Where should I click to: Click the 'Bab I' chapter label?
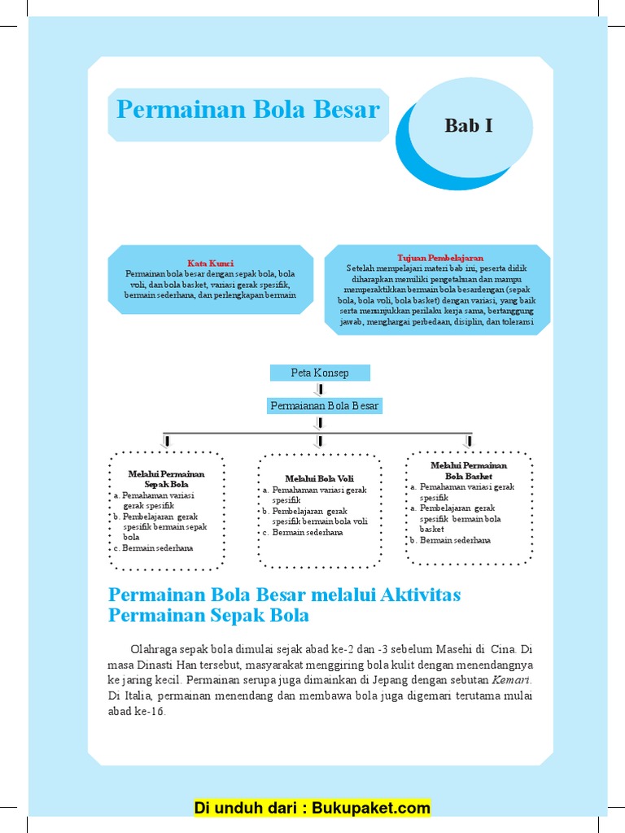pyautogui.click(x=469, y=125)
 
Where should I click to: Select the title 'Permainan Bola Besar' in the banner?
pyautogui.click(x=248, y=109)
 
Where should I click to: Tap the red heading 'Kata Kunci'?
pyautogui.click(x=211, y=264)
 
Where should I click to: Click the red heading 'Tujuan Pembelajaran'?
pyautogui.click(x=440, y=257)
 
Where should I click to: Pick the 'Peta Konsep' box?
pyautogui.click(x=320, y=373)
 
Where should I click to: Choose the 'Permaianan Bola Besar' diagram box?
pyautogui.click(x=324, y=405)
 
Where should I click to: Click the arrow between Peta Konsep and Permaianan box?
pyautogui.click(x=319, y=390)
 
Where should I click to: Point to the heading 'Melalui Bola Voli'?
pyautogui.click(x=319, y=479)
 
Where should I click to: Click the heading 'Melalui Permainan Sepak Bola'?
pyautogui.click(x=167, y=479)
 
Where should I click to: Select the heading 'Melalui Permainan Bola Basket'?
pyautogui.click(x=469, y=471)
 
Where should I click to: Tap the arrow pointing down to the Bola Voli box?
pyautogui.click(x=319, y=440)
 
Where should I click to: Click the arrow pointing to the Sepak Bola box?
pyautogui.click(x=167, y=440)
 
